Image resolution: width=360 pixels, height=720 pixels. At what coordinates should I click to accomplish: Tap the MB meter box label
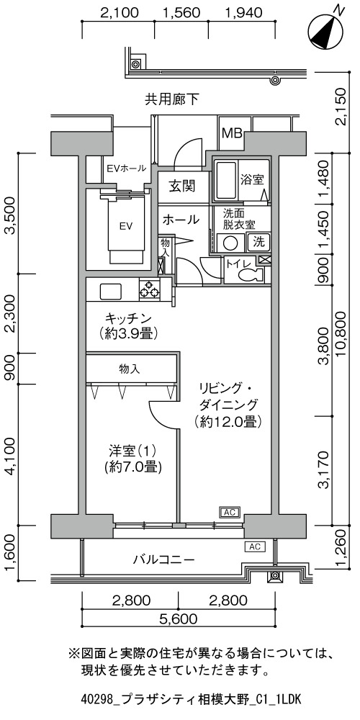point(233,133)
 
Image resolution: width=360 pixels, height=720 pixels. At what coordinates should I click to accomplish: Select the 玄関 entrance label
point(182,186)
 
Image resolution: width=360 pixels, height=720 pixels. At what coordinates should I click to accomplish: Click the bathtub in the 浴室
point(225,180)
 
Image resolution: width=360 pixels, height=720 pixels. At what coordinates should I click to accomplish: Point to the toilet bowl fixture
point(250,275)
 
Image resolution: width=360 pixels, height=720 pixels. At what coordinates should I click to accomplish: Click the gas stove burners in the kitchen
point(149,289)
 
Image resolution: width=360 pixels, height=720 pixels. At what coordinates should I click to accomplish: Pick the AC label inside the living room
point(230,512)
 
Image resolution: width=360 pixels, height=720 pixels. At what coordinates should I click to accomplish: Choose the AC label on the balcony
point(256,546)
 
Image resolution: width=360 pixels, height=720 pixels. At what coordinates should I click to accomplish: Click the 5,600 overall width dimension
point(179,619)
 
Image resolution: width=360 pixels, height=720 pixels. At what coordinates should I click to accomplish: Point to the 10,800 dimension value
point(346,338)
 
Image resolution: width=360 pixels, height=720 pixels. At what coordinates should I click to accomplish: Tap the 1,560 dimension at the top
point(182,12)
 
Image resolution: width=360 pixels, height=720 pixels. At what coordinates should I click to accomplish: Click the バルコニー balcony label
point(163,559)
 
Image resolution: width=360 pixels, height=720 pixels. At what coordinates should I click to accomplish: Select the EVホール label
point(126,168)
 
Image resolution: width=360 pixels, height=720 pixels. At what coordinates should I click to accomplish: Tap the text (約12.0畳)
point(228,420)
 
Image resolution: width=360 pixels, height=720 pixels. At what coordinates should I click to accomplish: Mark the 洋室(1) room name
point(130,449)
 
